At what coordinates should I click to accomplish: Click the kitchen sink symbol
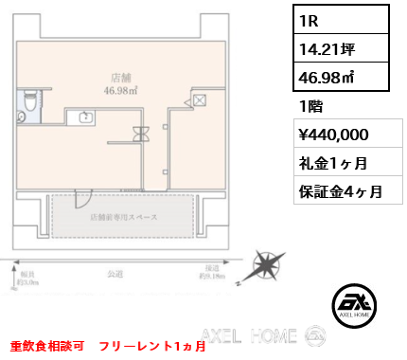(x=86, y=117)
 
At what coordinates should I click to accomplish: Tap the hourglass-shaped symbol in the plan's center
(x=142, y=134)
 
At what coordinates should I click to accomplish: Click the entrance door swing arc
(x=81, y=197)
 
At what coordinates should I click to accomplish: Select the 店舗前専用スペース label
(x=123, y=217)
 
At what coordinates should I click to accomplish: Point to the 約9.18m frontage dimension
(x=212, y=277)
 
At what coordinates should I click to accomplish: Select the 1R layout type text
(x=309, y=19)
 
